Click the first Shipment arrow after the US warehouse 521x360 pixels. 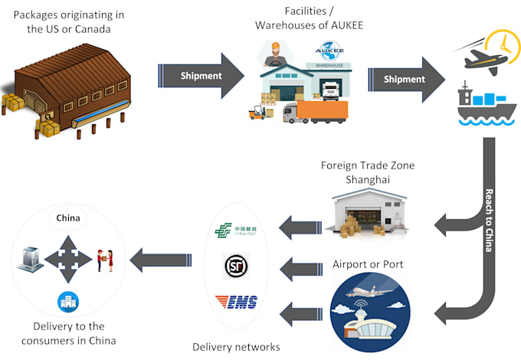point(201,76)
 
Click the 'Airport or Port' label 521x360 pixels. point(369,265)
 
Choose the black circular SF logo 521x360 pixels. point(234,267)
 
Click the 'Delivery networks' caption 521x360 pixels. point(236,347)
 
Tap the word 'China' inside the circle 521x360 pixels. point(67,217)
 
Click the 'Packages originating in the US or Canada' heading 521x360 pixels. point(70,22)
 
